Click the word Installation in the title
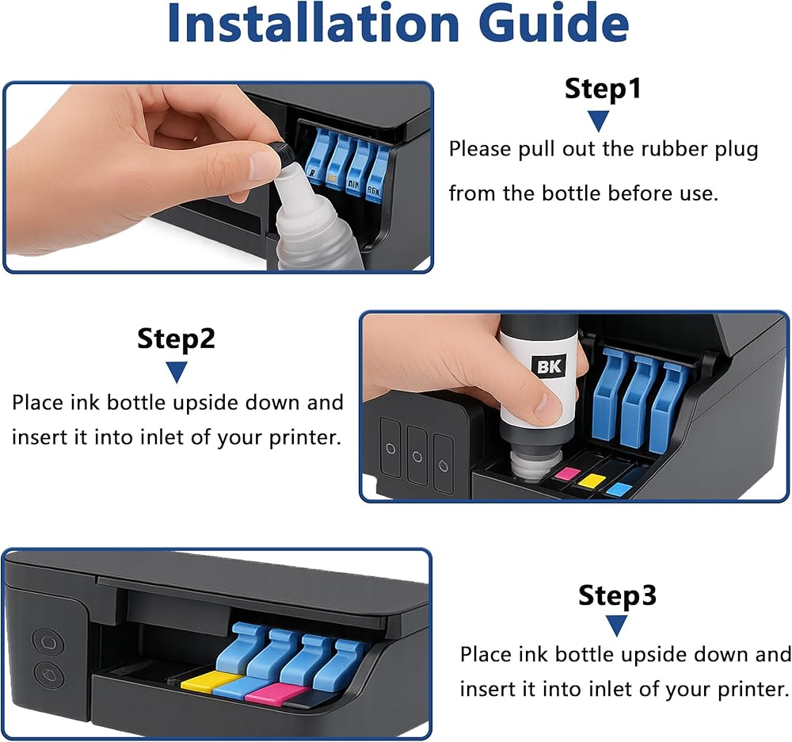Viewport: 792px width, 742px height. (x=313, y=23)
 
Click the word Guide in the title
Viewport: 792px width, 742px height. (x=554, y=23)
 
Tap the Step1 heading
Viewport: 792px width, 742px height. (x=603, y=89)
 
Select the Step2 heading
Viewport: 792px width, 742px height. (x=176, y=339)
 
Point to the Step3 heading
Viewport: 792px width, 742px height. (x=617, y=595)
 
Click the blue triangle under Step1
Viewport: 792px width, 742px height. (x=599, y=120)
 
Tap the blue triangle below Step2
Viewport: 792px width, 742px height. (x=177, y=373)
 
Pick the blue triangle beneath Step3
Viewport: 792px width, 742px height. (x=617, y=625)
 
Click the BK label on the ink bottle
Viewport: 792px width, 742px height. (x=549, y=366)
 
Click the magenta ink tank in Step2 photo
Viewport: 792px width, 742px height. (x=567, y=474)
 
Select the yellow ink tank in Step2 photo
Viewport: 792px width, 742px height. (x=592, y=480)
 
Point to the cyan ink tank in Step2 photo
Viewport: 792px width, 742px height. (x=619, y=489)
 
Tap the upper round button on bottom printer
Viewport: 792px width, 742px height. (x=48, y=642)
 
